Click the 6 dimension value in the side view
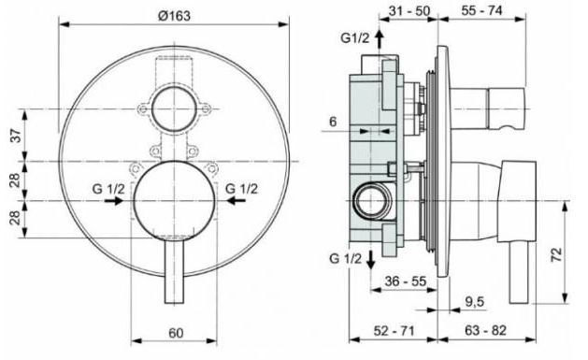(337, 122)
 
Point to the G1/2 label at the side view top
(354, 37)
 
